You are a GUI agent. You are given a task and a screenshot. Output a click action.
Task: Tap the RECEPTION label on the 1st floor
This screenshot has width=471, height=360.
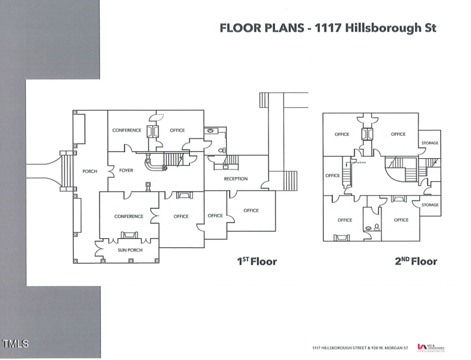[235, 179]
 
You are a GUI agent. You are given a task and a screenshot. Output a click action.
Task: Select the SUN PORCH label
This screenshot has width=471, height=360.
[121, 249]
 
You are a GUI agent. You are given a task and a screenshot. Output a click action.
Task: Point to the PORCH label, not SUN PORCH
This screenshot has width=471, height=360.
[89, 171]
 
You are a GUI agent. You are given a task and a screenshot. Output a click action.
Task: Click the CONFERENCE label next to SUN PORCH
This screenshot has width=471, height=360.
[128, 216]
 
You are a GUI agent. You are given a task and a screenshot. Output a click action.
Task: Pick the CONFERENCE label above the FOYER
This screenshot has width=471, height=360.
[127, 130]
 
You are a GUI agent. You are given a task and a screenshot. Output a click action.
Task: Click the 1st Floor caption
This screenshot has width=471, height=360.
[257, 261]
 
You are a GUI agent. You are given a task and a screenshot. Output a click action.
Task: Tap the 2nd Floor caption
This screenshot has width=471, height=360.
[416, 261]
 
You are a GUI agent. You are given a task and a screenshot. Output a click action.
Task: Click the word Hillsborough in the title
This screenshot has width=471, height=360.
[377, 28]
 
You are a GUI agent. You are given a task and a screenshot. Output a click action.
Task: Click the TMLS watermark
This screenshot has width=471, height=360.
[15, 343]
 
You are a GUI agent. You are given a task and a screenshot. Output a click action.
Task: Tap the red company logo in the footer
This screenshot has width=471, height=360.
[421, 347]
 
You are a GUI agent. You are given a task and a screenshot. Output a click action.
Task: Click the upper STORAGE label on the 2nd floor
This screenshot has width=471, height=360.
[430, 143]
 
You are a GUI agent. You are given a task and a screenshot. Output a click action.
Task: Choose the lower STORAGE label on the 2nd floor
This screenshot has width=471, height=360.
[430, 205]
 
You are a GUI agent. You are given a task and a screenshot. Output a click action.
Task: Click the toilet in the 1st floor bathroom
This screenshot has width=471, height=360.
[221, 150]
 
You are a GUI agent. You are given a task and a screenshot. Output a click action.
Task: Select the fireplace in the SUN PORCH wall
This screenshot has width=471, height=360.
[128, 235]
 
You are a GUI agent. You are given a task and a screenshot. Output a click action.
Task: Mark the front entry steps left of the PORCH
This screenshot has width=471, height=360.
[68, 171]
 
